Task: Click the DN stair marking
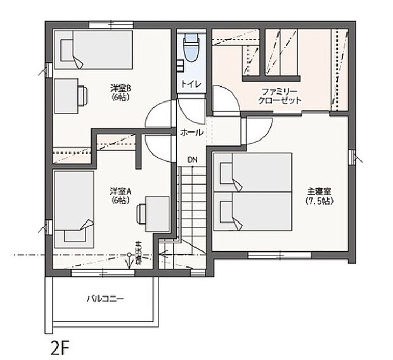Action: pyautogui.click(x=191, y=160)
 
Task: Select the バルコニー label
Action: pyautogui.click(x=105, y=299)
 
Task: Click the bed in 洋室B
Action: pyautogui.click(x=95, y=51)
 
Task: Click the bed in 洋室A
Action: pyautogui.click(x=72, y=209)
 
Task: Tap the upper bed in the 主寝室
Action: pyautogui.click(x=254, y=172)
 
